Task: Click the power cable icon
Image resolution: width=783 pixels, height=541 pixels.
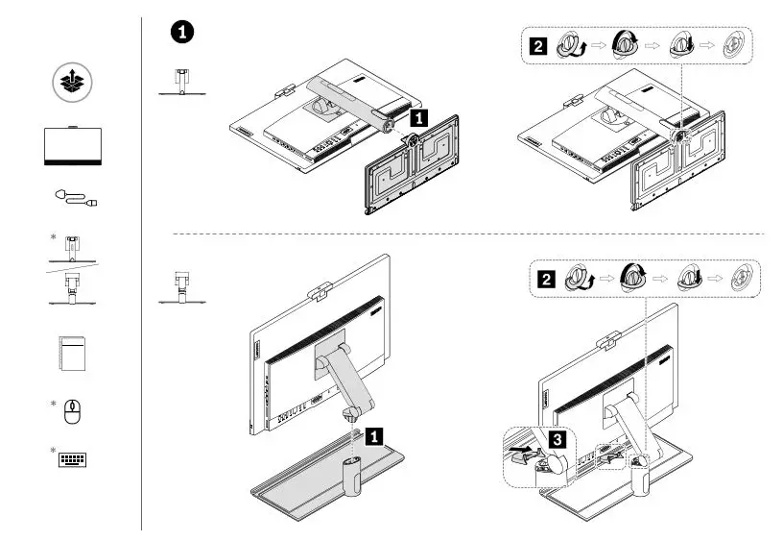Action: click(74, 199)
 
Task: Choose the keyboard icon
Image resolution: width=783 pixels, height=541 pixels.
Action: click(74, 457)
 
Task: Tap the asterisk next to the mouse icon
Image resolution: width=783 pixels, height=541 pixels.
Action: click(54, 403)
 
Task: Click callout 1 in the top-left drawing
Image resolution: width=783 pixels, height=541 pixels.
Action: click(418, 118)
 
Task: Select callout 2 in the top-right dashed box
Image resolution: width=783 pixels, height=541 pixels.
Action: click(539, 45)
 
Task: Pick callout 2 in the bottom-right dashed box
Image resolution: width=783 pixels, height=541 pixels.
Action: click(546, 280)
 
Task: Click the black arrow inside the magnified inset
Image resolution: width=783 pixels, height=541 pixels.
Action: click(519, 448)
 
